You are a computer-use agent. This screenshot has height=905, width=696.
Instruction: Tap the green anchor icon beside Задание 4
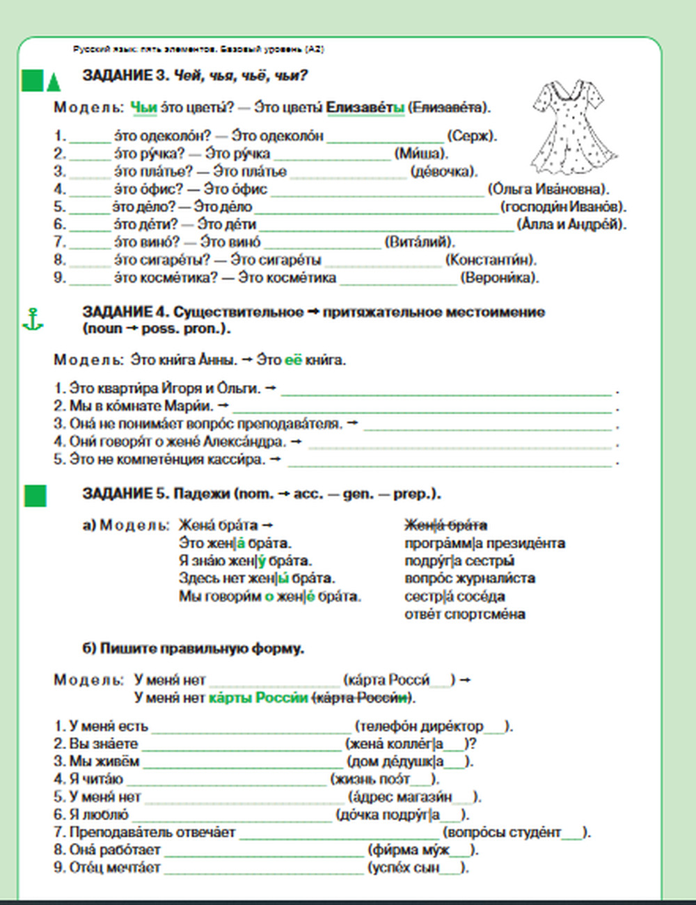[33, 320]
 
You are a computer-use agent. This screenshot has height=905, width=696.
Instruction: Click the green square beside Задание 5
[35, 496]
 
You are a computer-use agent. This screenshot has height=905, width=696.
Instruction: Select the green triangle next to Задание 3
[54, 82]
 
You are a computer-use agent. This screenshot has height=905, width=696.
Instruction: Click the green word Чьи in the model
[143, 107]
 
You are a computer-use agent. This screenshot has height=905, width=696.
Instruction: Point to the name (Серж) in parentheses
[471, 136]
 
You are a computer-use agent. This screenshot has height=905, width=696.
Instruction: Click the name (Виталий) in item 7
[419, 242]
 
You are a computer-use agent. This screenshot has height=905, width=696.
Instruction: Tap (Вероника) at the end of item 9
[499, 278]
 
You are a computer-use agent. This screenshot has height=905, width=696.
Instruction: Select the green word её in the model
[293, 360]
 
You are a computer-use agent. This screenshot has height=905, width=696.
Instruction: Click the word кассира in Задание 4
[239, 459]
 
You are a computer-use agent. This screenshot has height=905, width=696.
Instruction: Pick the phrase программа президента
[484, 543]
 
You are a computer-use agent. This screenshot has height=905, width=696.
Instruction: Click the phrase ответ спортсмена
[464, 614]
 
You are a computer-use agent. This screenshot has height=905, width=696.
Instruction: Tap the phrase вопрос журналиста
[469, 579]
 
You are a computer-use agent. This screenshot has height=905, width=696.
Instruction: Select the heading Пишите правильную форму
[193, 649]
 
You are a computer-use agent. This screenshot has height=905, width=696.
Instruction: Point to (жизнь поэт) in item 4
[384, 779]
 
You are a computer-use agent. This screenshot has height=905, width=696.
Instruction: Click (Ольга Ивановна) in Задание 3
[548, 189]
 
